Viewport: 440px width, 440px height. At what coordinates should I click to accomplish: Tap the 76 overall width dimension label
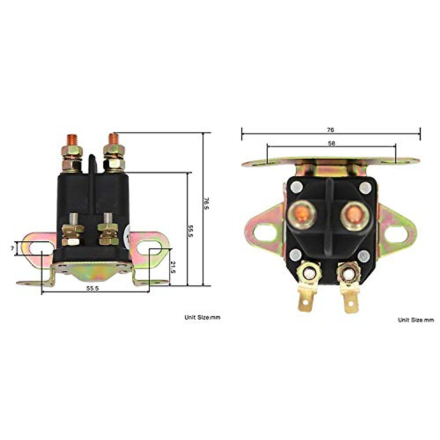(330, 130)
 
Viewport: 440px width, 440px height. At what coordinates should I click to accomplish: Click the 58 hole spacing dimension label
(331, 144)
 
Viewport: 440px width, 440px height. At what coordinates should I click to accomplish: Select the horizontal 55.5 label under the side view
(92, 289)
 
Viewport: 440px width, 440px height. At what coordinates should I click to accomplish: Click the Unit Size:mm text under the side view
(202, 318)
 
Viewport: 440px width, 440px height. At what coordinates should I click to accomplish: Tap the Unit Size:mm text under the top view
(416, 320)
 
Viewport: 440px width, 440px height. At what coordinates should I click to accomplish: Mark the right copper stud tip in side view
(114, 138)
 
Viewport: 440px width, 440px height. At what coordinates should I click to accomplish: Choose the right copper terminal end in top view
(354, 214)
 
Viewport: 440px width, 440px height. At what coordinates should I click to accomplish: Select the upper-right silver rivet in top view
(365, 188)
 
